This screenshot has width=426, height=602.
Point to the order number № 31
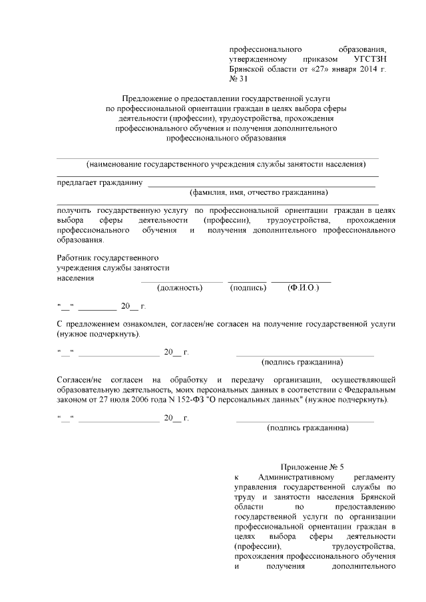coord(238,79)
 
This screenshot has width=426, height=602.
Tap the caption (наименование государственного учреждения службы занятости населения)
coord(217,164)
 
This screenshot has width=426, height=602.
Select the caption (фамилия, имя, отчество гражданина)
coord(259,193)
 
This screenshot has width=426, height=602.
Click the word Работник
coord(75,257)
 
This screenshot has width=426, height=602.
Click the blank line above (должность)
coord(182,281)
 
